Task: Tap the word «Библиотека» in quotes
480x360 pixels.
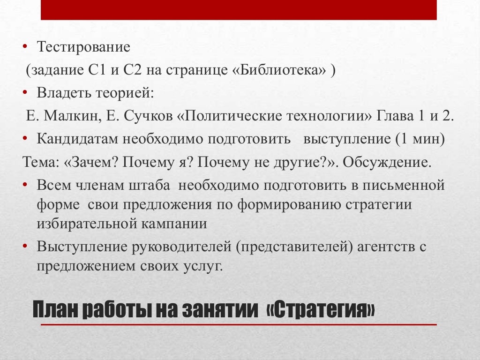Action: (x=279, y=71)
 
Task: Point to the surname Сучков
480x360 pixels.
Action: (x=150, y=116)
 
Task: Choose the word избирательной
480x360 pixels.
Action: (x=87, y=223)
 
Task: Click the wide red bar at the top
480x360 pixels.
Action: (x=239, y=10)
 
